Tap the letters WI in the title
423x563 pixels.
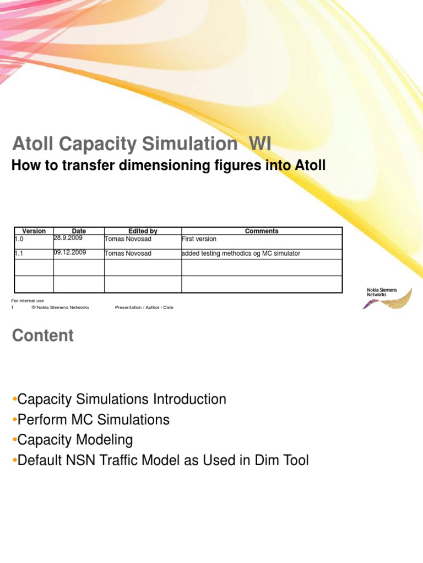pos(260,145)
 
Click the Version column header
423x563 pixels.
pos(34,231)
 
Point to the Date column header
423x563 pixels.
pos(79,231)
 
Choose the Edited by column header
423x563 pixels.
pos(143,231)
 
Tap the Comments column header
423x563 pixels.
pos(262,231)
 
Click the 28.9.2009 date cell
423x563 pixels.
pos(68,238)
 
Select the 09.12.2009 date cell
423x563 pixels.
pos(70,253)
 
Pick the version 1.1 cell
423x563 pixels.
pos(19,253)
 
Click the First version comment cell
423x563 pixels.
pos(199,239)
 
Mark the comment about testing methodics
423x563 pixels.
pos(241,253)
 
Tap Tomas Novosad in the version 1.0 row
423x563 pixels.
pos(127,239)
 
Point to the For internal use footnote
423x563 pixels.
pos(28,301)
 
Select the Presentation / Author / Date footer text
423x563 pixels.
pos(144,307)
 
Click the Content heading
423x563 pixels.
pos(42,336)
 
